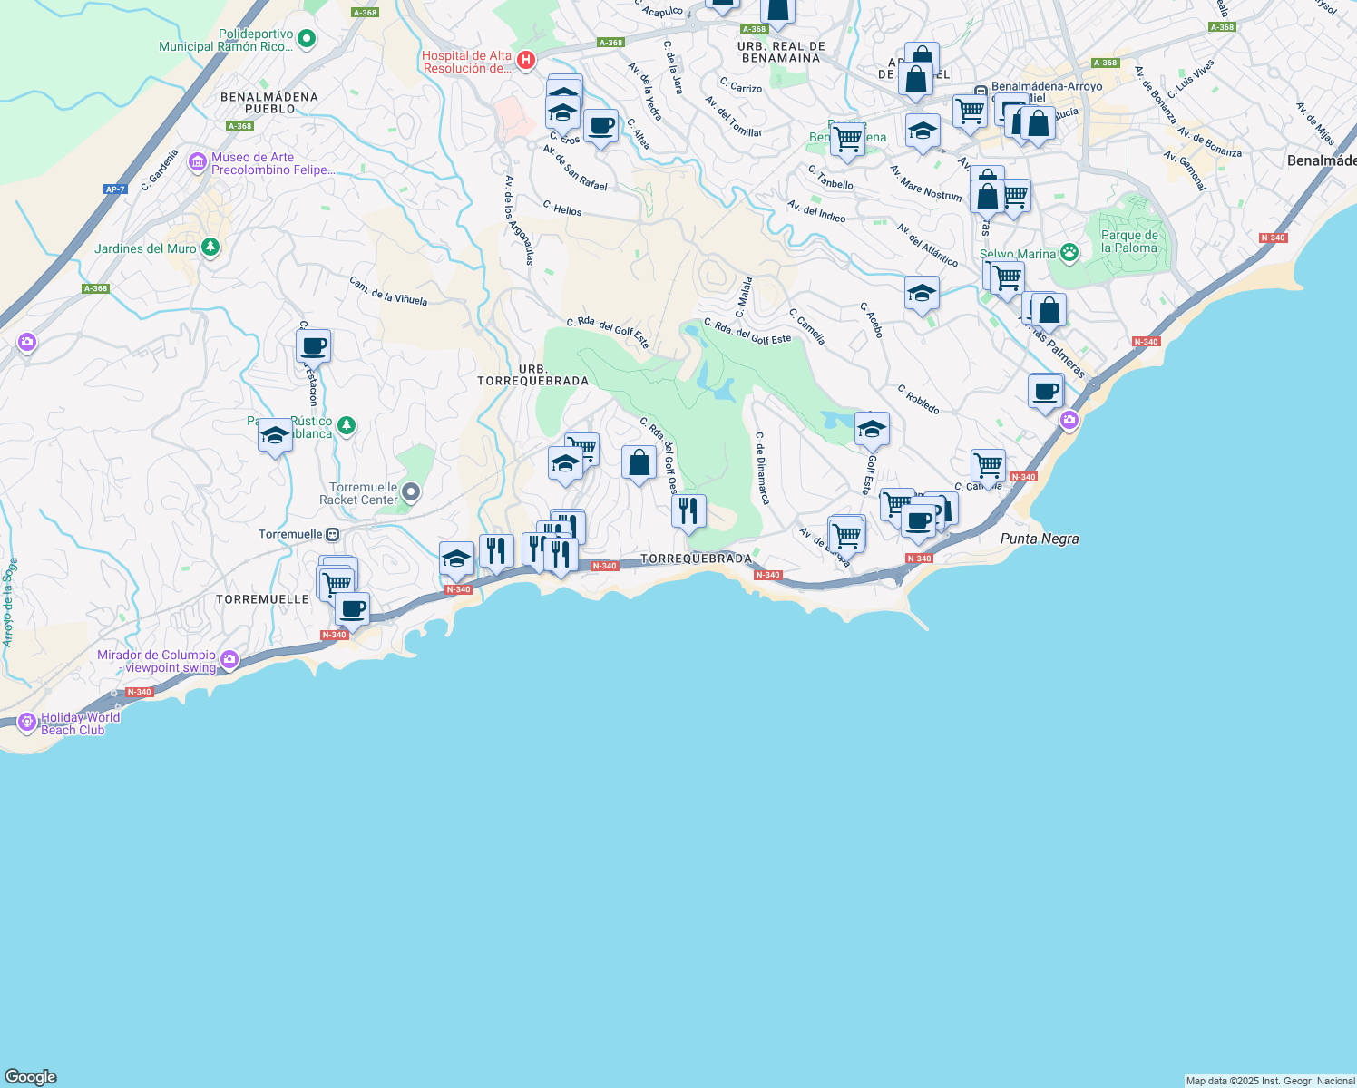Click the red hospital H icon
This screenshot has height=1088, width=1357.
[525, 61]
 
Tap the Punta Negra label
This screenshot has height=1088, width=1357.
[1040, 539]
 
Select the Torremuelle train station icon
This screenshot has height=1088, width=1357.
[333, 534]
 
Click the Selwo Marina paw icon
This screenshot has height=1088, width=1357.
[1069, 253]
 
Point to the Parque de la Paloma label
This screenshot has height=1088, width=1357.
[1128, 241]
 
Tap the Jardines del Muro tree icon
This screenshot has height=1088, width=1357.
[210, 248]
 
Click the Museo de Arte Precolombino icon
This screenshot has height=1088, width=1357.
[198, 162]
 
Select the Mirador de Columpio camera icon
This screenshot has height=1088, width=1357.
[229, 660]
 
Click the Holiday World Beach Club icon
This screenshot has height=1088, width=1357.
[26, 723]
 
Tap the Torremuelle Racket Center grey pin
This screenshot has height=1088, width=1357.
[411, 492]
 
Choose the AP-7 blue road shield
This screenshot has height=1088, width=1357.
[115, 189]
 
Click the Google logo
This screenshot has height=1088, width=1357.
[31, 1077]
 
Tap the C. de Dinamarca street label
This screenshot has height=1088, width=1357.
[762, 468]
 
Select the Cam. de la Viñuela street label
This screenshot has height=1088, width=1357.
[387, 291]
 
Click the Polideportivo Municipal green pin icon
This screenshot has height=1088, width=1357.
[307, 39]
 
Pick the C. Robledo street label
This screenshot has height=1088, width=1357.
[918, 400]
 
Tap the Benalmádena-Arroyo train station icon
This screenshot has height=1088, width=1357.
[981, 92]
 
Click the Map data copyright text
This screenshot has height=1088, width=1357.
[1270, 1081]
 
